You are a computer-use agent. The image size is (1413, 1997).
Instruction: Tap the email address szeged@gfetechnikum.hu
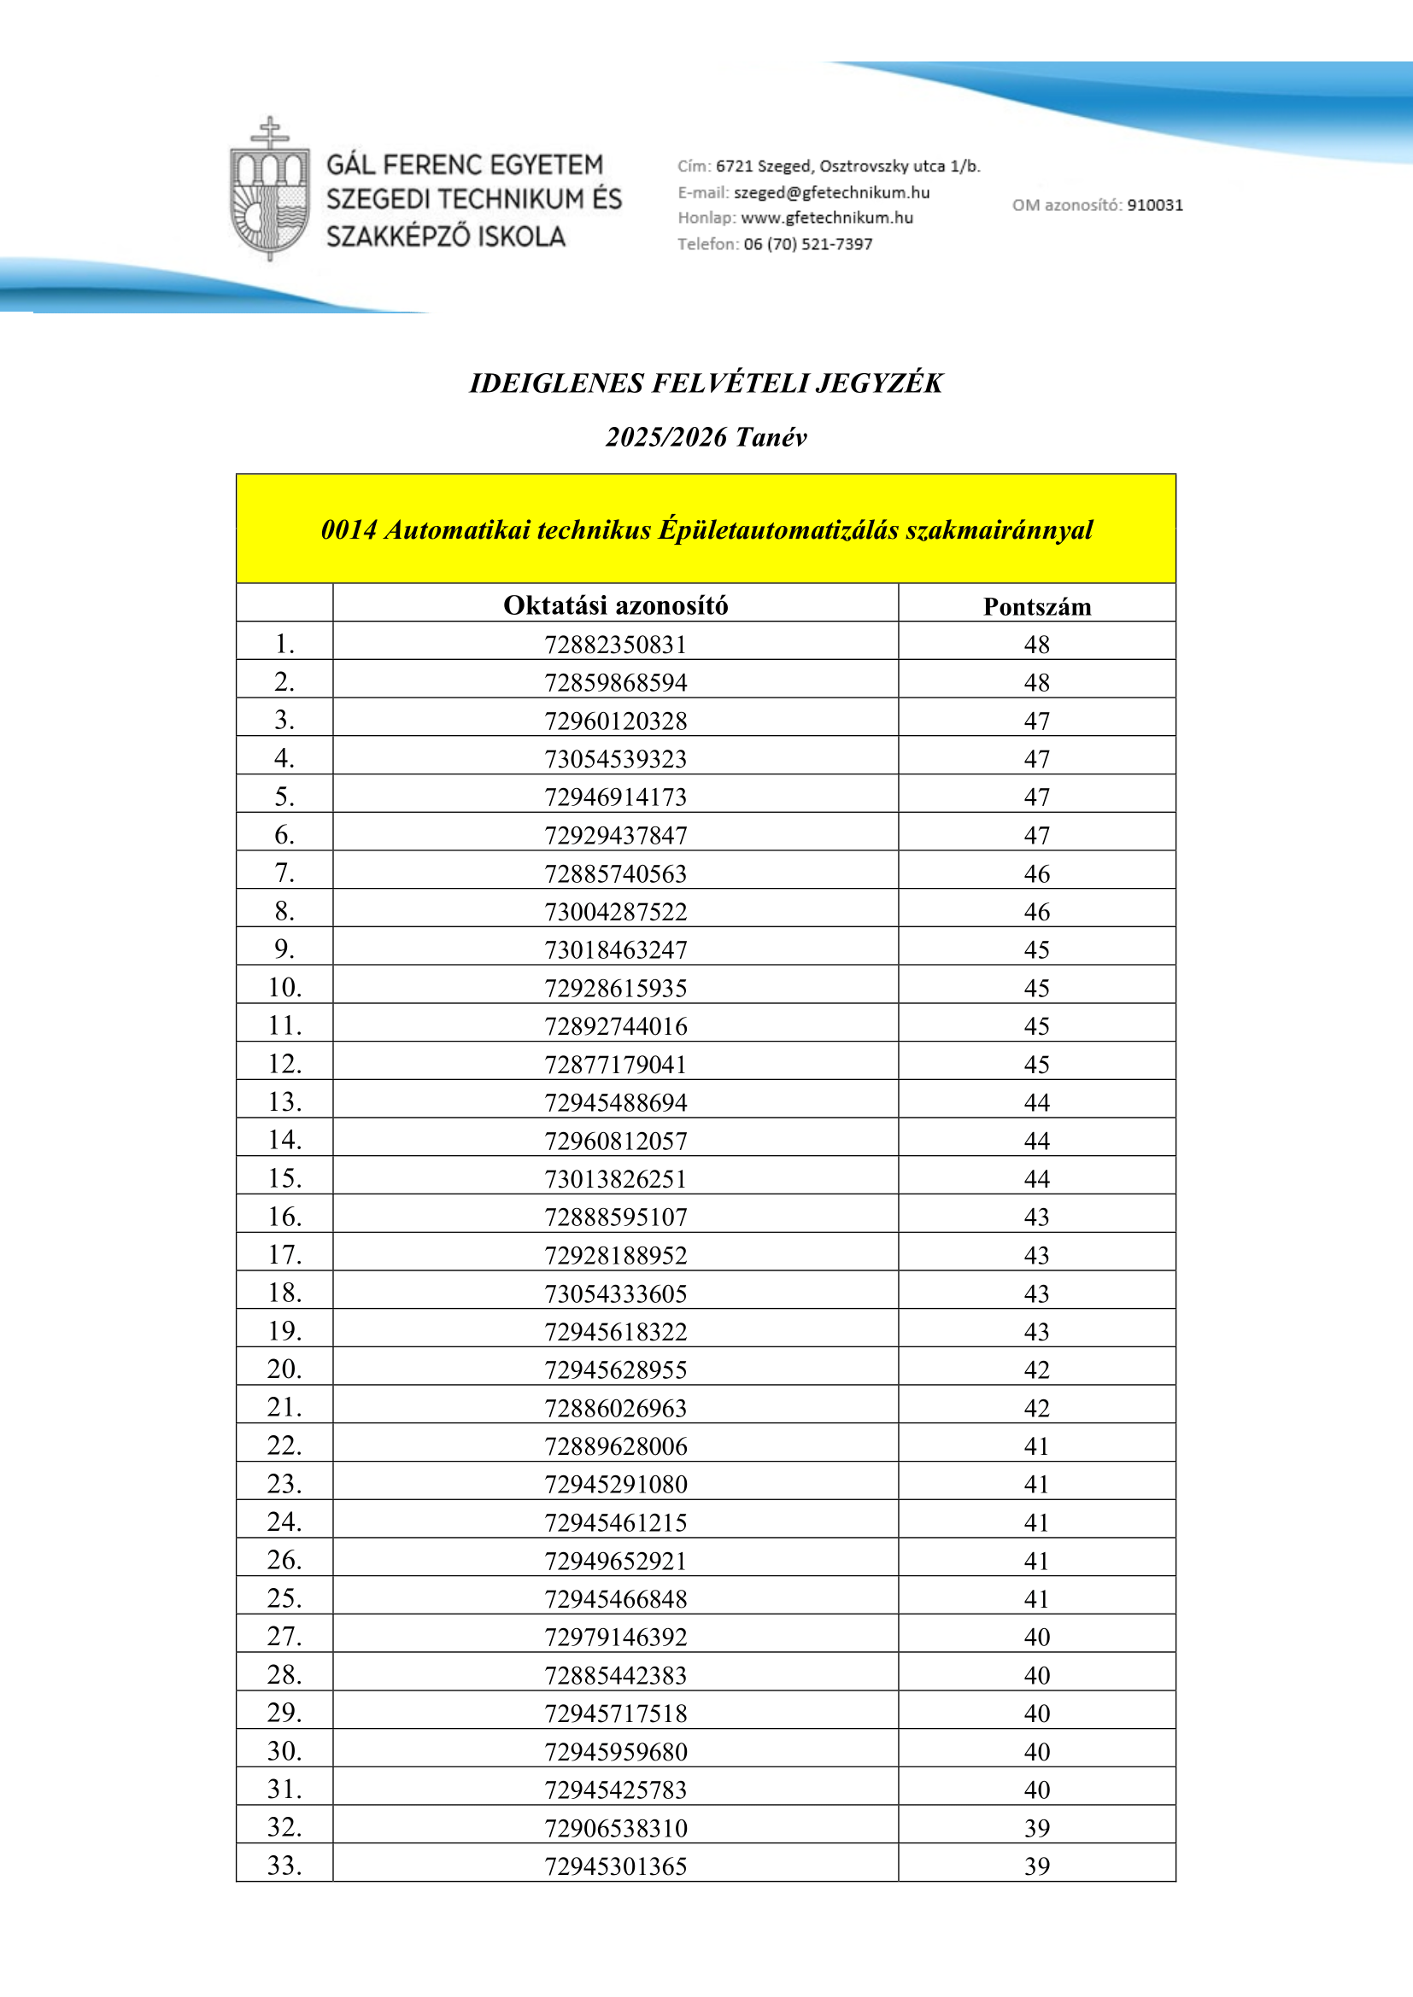point(831,192)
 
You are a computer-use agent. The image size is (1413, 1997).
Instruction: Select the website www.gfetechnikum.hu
point(827,218)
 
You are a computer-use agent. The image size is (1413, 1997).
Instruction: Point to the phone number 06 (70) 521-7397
point(807,244)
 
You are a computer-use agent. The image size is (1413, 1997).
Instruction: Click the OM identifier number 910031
point(1155,205)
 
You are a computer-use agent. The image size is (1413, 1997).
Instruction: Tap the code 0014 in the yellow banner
point(349,529)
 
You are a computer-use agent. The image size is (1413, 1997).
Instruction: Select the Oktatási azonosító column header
point(615,605)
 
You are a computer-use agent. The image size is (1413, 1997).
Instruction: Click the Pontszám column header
point(1036,606)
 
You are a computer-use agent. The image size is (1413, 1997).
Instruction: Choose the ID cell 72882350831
point(615,645)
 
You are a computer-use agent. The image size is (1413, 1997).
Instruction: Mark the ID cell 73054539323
point(615,759)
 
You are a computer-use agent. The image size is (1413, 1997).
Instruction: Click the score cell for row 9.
point(1036,949)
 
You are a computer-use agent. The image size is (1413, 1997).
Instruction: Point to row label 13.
point(284,1102)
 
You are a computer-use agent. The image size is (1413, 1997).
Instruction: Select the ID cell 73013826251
point(615,1178)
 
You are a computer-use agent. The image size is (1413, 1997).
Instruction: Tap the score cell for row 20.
point(1036,1369)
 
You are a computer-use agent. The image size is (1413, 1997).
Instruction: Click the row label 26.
point(284,1561)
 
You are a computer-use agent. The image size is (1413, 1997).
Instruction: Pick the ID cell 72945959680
point(615,1752)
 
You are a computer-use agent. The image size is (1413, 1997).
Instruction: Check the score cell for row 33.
point(1036,1866)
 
